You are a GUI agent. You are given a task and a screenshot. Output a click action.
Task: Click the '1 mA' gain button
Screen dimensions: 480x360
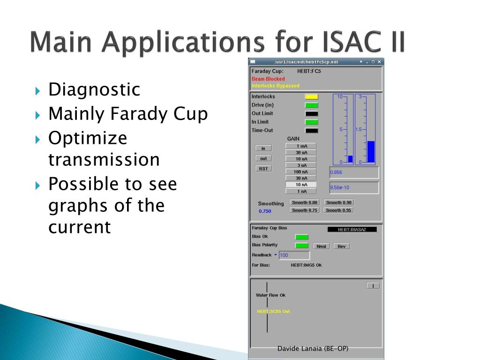point(301,146)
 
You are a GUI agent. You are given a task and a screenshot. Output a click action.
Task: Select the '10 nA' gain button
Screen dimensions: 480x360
point(301,185)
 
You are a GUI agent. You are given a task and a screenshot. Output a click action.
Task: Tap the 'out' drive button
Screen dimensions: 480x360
point(263,158)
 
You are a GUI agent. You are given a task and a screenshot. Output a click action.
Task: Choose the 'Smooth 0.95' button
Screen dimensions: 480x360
point(338,210)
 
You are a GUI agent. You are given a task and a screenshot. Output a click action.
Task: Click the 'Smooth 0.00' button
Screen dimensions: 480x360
point(304,202)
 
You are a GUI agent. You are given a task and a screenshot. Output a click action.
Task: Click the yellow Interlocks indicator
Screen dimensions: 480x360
point(311,97)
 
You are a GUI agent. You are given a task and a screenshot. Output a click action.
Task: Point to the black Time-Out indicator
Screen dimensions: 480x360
point(311,130)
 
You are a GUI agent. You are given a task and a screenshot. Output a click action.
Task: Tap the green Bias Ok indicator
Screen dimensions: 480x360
point(301,237)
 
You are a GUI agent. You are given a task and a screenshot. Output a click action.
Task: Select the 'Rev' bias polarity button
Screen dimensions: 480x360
point(341,247)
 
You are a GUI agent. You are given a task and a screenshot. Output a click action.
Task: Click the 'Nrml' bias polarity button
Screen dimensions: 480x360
point(321,247)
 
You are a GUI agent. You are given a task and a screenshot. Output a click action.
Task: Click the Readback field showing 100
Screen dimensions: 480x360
point(294,255)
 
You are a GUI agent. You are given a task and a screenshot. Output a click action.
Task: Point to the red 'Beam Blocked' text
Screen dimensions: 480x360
point(268,79)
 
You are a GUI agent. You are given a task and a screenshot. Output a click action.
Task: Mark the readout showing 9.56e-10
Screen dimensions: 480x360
point(354,187)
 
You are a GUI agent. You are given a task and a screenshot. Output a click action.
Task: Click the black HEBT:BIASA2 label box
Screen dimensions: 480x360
point(352,229)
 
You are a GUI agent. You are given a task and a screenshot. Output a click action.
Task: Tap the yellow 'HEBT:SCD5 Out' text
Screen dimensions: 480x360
point(273,311)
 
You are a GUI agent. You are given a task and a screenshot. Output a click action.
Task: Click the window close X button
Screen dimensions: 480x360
point(379,62)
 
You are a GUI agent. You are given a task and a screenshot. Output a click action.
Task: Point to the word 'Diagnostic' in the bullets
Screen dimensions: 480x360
point(94,90)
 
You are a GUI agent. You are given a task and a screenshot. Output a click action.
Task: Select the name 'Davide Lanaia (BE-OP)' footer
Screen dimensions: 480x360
point(313,348)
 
